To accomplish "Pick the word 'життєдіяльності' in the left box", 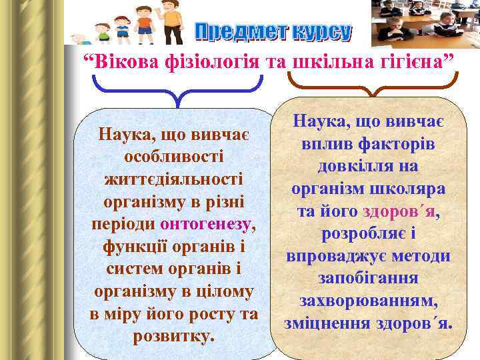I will click(x=173, y=180).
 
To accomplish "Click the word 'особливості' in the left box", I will click(x=173, y=157).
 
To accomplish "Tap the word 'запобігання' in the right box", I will click(x=368, y=279).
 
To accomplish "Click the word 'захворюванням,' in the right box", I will click(x=368, y=301).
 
